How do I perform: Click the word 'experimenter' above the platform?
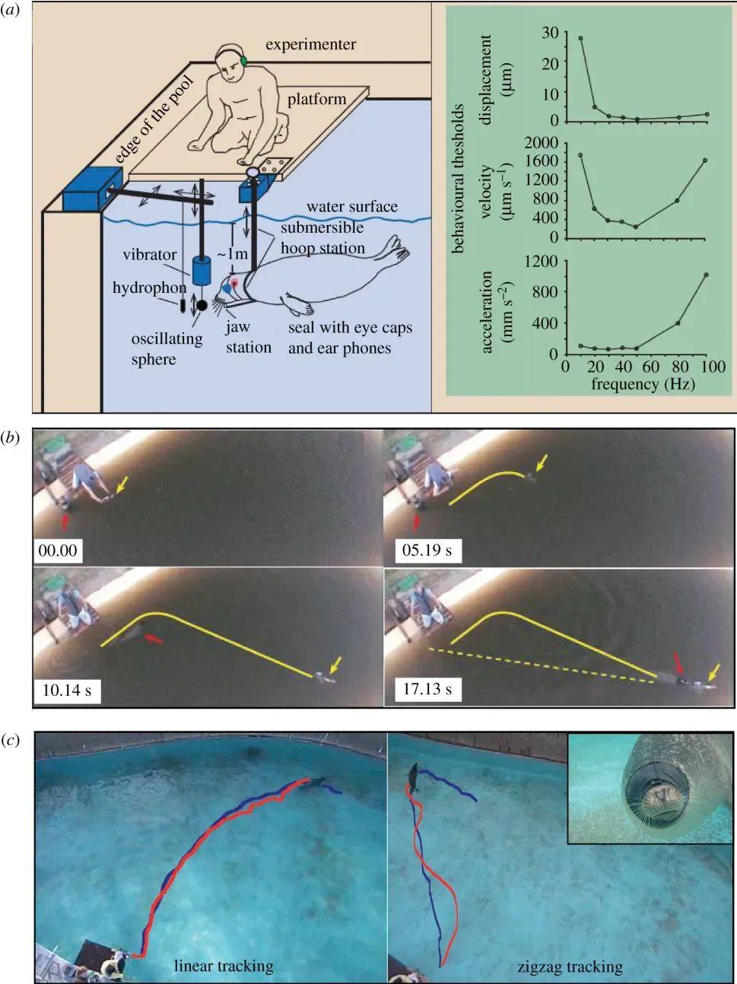pos(310,44)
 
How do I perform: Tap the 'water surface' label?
pos(352,207)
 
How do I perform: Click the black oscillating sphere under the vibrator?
pos(202,306)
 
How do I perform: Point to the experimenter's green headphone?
pos(243,61)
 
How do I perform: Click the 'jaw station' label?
pos(248,338)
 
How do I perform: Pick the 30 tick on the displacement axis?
pos(550,33)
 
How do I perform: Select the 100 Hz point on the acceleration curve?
pos(706,275)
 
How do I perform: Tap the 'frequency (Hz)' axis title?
pos(643,385)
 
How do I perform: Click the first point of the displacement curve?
pos(582,38)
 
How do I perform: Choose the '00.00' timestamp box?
pos(58,549)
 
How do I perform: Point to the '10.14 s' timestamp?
pos(67,690)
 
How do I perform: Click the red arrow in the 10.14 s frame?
pos(154,640)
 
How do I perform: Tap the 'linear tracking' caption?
pos(224,966)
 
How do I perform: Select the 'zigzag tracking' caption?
pos(570,967)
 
